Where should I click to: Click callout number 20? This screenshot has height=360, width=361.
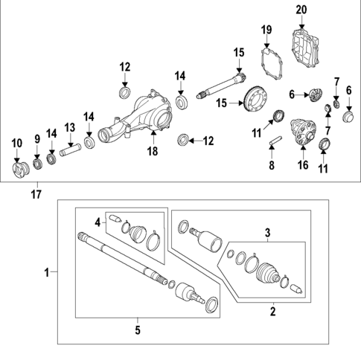point(300,10)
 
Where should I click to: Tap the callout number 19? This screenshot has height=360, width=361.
point(267,29)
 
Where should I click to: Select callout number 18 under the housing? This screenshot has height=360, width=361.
point(152,151)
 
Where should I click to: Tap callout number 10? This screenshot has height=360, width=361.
point(16,142)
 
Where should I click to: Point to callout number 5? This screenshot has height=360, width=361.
point(138,328)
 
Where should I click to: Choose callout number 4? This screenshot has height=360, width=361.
point(97,221)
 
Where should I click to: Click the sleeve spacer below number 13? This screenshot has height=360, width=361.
point(68,151)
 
